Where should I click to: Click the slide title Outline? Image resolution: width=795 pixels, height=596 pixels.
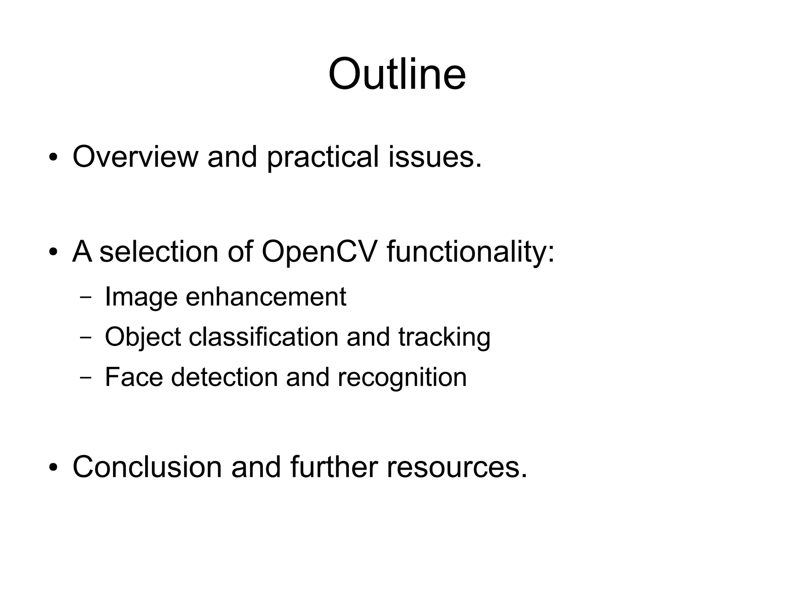(x=397, y=74)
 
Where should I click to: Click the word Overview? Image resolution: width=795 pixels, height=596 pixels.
(x=135, y=156)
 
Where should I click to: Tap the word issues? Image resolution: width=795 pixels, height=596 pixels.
(x=435, y=156)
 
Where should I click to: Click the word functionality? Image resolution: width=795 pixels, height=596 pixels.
(x=470, y=252)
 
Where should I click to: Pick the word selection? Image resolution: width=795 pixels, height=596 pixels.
(x=159, y=251)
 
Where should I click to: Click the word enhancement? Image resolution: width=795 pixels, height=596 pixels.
(x=266, y=297)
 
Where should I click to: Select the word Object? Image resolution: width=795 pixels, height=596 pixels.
(x=142, y=337)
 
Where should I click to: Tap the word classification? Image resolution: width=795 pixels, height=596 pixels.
(x=264, y=336)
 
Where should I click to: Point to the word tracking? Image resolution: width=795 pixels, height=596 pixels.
(x=444, y=337)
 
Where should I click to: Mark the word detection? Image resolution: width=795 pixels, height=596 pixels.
(x=224, y=377)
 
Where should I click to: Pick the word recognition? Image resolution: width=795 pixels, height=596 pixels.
(x=402, y=377)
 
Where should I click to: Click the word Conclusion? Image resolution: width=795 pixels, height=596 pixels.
(x=147, y=466)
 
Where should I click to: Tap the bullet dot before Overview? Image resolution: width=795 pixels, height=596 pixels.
(x=53, y=158)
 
